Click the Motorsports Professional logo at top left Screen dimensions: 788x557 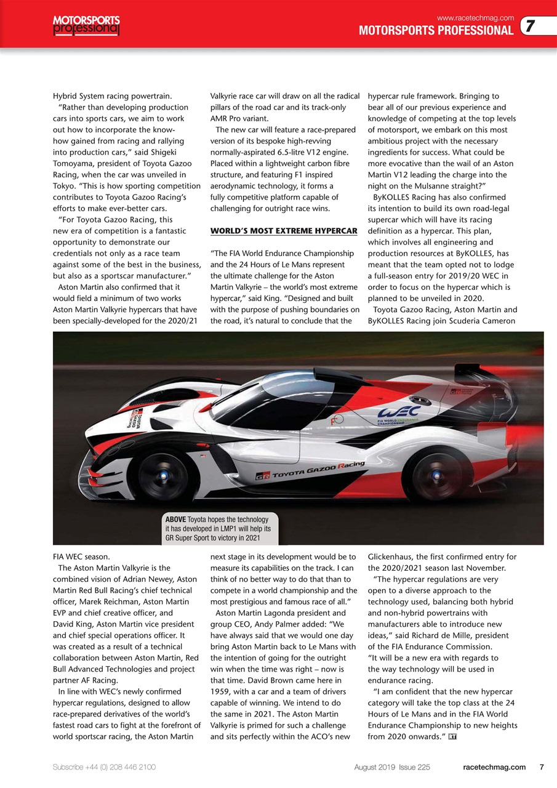click(86, 25)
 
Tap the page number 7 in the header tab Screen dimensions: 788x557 click(530, 26)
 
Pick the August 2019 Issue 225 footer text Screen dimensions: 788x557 click(391, 767)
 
